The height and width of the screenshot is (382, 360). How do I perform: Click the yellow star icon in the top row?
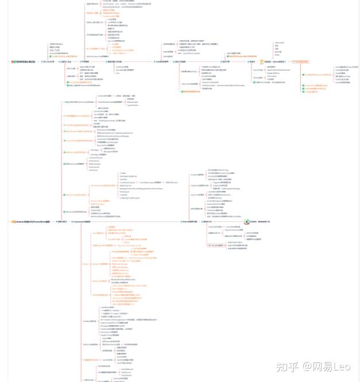pos(262,61)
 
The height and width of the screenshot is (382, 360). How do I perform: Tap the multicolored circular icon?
pos(246,221)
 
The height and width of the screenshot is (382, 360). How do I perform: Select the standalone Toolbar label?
pos(122,173)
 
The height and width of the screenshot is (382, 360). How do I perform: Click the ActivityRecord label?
pos(126,369)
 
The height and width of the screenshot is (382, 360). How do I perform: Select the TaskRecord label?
pos(125,372)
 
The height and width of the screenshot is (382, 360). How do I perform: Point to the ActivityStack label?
pos(125,375)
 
